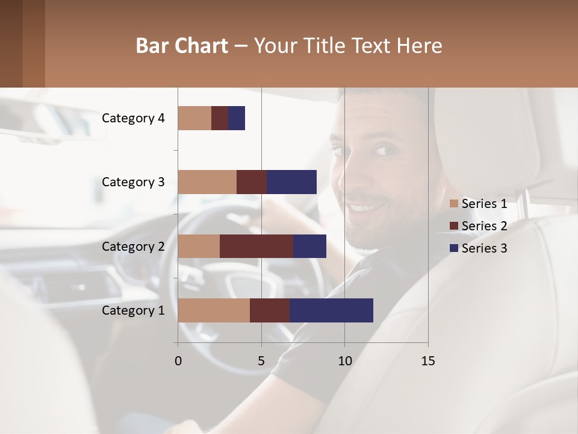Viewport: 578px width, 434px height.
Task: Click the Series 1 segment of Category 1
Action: tap(214, 310)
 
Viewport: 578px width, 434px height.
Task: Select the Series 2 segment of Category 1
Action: tap(270, 310)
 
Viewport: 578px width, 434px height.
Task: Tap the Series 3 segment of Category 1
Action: tap(331, 310)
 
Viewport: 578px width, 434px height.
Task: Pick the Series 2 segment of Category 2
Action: tap(256, 247)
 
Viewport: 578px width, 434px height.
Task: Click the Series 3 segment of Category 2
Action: tap(309, 247)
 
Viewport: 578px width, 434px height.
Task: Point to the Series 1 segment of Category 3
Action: tap(207, 182)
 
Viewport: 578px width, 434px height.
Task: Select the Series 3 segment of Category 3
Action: tap(291, 182)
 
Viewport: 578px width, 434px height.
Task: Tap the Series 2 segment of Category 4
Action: tap(220, 118)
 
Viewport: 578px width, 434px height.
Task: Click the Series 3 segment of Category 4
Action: tap(237, 118)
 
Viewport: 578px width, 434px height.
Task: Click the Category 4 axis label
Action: tap(133, 118)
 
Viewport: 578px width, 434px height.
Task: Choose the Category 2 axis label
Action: tap(133, 247)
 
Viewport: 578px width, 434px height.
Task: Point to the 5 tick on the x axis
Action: tap(261, 361)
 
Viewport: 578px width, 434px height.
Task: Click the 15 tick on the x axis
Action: tap(427, 361)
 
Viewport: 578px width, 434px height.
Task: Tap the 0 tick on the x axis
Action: tap(178, 361)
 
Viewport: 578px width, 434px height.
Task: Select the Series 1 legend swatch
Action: tap(454, 204)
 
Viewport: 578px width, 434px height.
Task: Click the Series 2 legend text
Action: tap(484, 226)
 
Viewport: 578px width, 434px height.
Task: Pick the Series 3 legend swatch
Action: tap(454, 248)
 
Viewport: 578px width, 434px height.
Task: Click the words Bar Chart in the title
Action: tap(182, 46)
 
